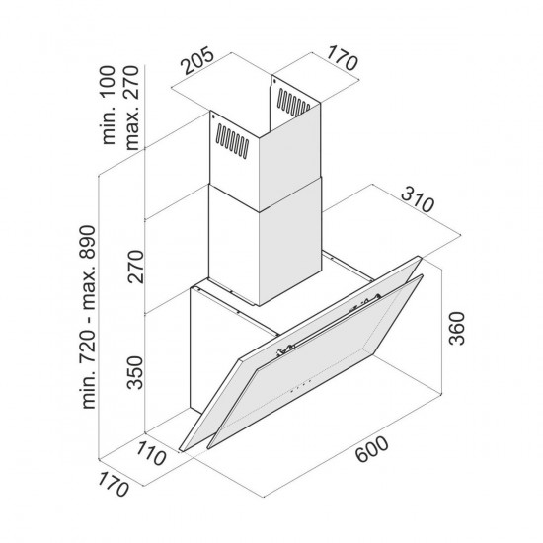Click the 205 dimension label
[198, 61]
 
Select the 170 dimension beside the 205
[342, 58]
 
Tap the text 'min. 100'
[108, 105]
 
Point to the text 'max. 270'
[131, 108]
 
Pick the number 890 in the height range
[87, 242]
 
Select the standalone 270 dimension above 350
[134, 267]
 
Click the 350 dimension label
[134, 372]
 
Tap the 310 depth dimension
[418, 199]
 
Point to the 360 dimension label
[456, 328]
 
